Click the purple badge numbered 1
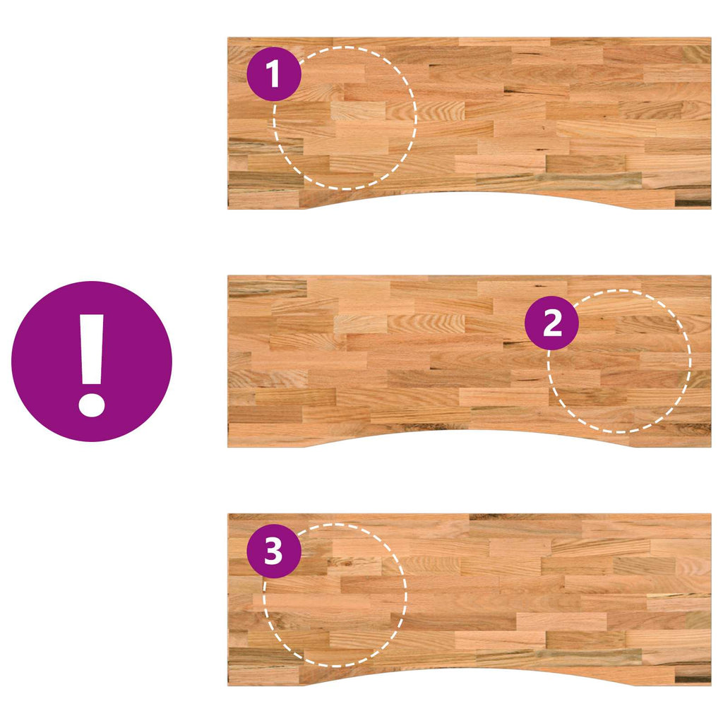pyautogui.click(x=274, y=73)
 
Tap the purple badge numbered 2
pyautogui.click(x=552, y=322)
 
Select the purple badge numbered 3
pyautogui.click(x=274, y=551)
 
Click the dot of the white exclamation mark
pyautogui.click(x=92, y=405)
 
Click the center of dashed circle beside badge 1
pyautogui.click(x=345, y=118)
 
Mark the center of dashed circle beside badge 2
pyautogui.click(x=619, y=361)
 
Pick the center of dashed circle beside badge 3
pyautogui.click(x=335, y=595)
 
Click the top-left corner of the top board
pyautogui.click(x=228, y=38)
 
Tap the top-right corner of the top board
pyautogui.click(x=711, y=38)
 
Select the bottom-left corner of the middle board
pyautogui.click(x=228, y=447)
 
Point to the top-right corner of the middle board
pyautogui.click(x=711, y=276)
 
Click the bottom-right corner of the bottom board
pyautogui.click(x=711, y=685)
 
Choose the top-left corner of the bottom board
pyautogui.click(x=228, y=514)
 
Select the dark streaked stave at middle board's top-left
pyautogui.click(x=268, y=289)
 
